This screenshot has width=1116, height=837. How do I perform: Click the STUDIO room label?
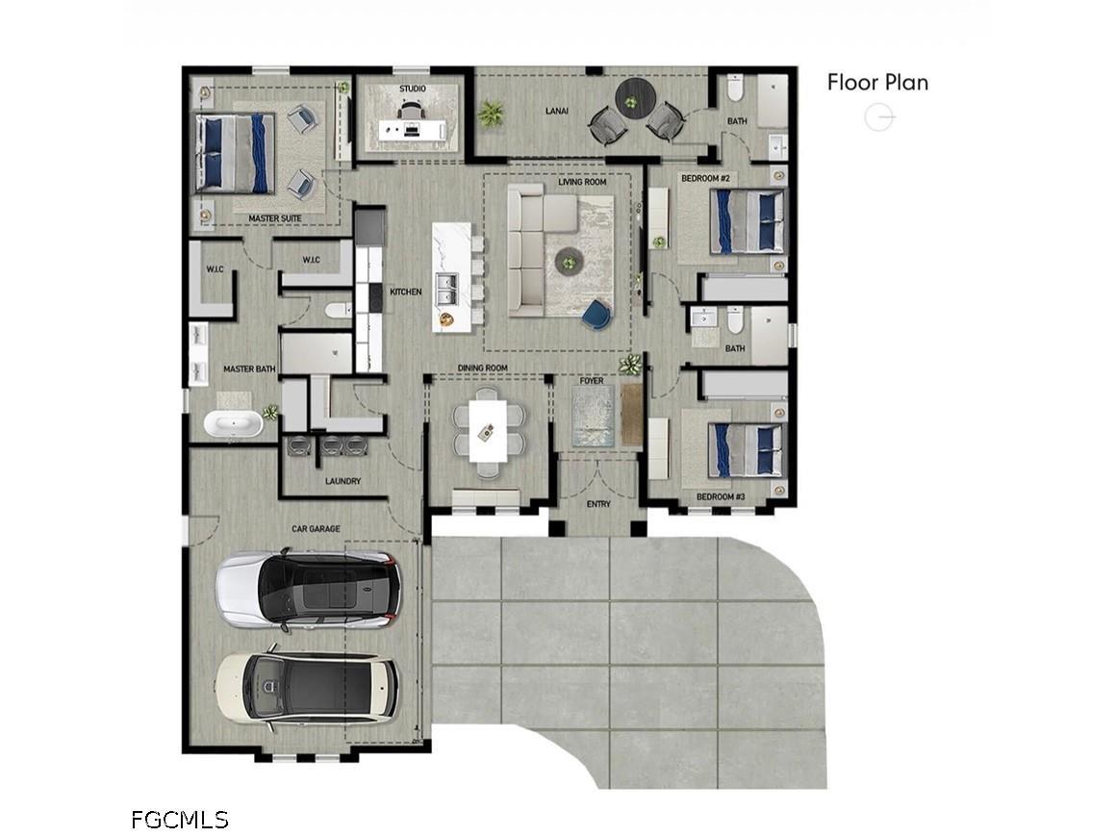(412, 89)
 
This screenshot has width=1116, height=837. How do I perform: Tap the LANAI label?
(557, 111)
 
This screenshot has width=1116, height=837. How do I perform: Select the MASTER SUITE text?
(275, 218)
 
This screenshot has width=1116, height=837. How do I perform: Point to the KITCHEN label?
(406, 292)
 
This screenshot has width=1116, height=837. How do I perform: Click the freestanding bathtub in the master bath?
(233, 424)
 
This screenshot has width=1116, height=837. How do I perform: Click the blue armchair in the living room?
(596, 316)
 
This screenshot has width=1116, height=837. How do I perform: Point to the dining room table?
(489, 431)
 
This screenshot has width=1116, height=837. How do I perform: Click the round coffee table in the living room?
(569, 260)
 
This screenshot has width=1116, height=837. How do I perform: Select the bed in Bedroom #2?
(748, 221)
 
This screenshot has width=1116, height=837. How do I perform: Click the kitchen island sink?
(446, 289)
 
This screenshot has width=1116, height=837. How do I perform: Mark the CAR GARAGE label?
(316, 529)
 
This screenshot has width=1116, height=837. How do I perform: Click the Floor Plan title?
(877, 83)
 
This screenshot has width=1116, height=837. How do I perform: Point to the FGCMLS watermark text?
(179, 820)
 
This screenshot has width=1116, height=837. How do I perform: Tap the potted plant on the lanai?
(491, 114)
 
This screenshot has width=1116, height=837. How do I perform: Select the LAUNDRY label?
(343, 481)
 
